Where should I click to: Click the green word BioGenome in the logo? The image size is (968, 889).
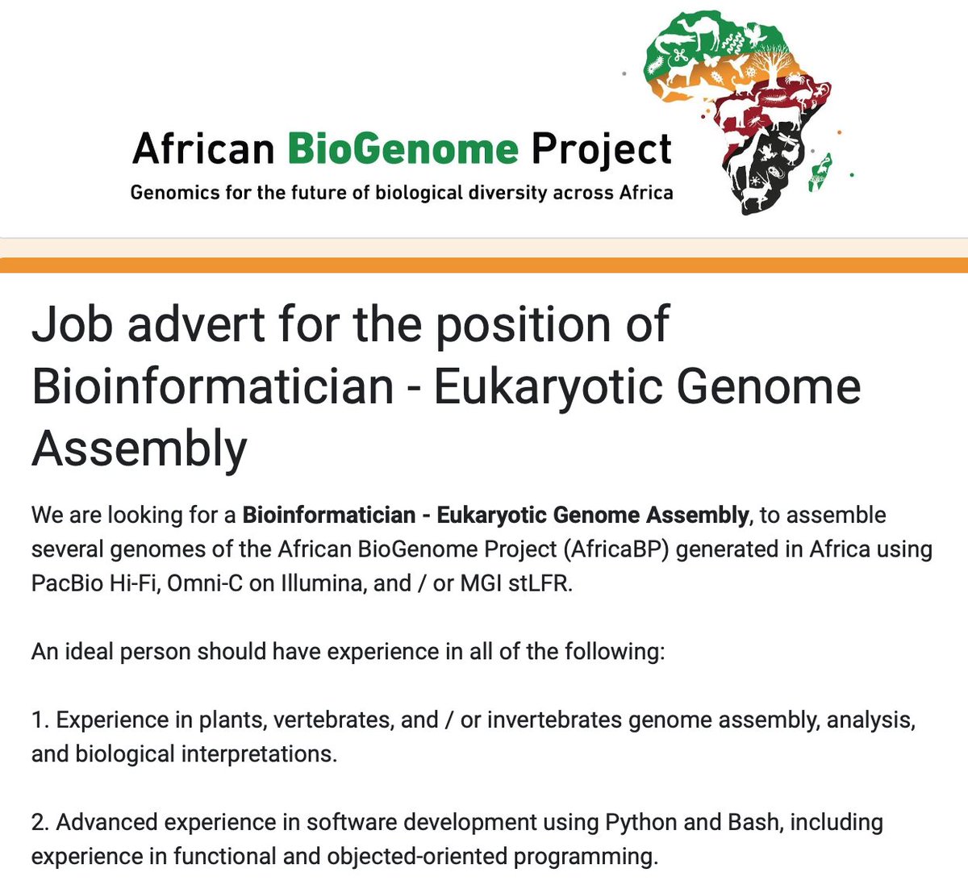(403, 149)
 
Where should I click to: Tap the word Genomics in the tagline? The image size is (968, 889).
(169, 193)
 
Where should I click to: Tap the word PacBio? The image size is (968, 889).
(67, 583)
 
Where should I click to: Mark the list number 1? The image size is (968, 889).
(38, 720)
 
